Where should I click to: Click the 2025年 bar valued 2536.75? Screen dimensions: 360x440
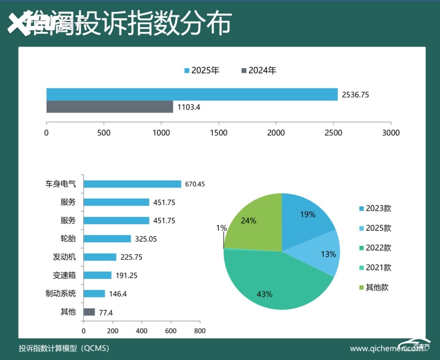click(192, 95)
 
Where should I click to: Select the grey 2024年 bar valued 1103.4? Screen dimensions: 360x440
click(109, 107)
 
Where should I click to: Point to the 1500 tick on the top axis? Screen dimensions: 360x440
click(218, 133)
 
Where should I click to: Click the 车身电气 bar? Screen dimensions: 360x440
click(132, 184)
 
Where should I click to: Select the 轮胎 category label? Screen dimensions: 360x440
click(68, 239)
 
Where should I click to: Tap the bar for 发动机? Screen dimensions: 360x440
click(100, 257)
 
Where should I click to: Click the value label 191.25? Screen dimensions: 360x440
click(126, 275)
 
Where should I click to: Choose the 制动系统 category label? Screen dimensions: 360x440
click(60, 293)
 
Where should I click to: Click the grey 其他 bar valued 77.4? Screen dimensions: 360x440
click(89, 312)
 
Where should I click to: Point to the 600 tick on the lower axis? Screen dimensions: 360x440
click(171, 331)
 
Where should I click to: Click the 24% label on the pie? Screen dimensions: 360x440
click(248, 221)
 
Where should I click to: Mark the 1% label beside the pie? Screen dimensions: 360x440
click(221, 228)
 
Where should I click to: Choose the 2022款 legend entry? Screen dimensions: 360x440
click(374, 248)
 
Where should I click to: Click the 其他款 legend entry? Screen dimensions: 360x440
click(372, 287)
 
